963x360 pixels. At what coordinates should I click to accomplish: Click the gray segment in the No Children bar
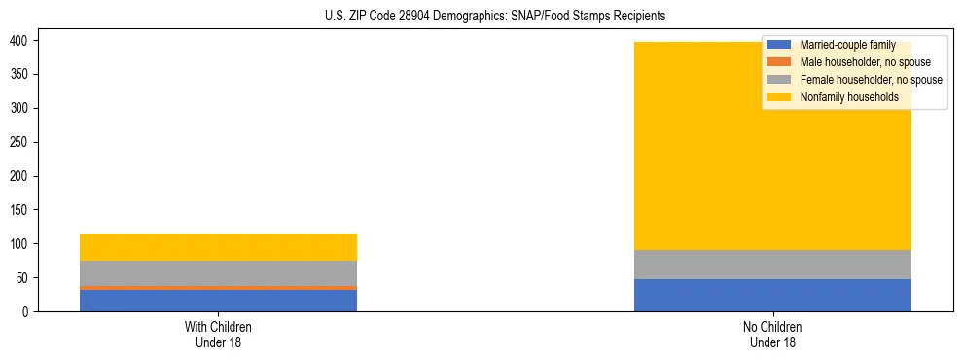click(772, 265)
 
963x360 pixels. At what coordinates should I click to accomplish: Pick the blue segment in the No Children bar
click(772, 295)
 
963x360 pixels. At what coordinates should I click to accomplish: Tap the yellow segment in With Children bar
click(218, 247)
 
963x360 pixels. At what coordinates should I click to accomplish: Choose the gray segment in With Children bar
click(218, 273)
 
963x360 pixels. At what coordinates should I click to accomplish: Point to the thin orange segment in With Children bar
click(218, 288)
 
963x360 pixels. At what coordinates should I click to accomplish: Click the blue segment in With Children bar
click(218, 301)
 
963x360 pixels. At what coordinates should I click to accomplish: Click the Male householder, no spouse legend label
click(865, 62)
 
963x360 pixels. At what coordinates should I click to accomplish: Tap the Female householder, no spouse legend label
click(871, 80)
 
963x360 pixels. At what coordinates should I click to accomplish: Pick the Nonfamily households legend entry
click(848, 97)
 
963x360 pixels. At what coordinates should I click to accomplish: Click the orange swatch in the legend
click(779, 62)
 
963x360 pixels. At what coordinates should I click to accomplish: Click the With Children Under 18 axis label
click(218, 334)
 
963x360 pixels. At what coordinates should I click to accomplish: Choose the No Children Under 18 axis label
click(772, 334)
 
